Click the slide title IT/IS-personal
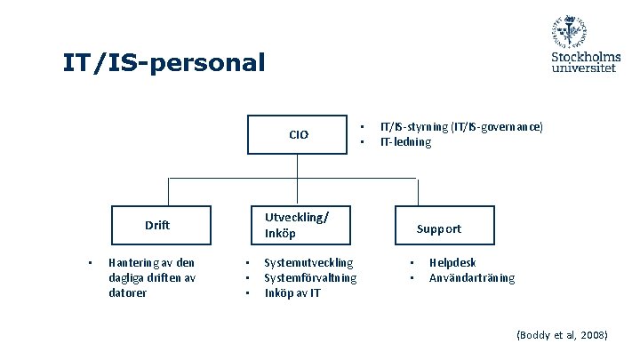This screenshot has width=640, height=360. click(164, 63)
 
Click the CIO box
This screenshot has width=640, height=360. click(298, 135)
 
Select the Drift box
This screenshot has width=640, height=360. click(159, 225)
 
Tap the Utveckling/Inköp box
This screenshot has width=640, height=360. click(297, 225)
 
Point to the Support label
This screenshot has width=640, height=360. click(439, 228)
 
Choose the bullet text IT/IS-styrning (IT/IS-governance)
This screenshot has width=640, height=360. click(460, 127)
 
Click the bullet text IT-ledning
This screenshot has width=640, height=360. click(405, 142)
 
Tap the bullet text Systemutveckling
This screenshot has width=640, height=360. click(308, 262)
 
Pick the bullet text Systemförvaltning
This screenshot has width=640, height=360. click(310, 277)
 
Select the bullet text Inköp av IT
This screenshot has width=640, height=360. click(292, 292)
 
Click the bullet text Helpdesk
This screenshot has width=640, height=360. click(452, 262)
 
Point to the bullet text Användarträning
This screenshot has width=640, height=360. click(471, 277)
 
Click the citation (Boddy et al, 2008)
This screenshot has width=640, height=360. click(562, 335)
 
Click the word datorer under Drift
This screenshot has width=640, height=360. click(127, 292)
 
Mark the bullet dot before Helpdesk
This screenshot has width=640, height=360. click(412, 262)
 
